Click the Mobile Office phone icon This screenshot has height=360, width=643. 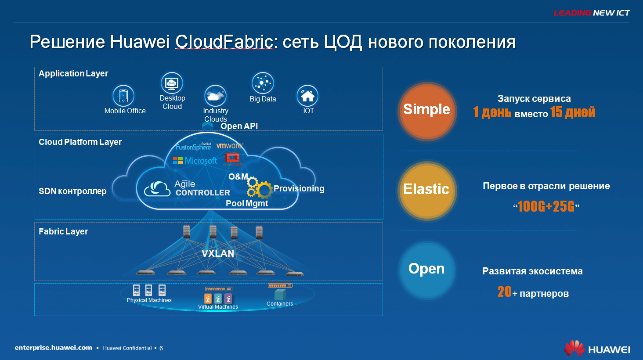[x=123, y=96]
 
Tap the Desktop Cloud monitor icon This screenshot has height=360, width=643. [x=172, y=83]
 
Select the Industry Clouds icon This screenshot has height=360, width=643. [x=215, y=96]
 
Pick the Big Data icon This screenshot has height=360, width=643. [x=263, y=83]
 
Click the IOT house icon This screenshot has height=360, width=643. [x=307, y=96]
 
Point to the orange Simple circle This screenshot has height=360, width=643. [x=427, y=112]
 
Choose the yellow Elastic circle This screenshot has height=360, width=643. [x=427, y=191]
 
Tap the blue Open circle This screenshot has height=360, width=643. [x=427, y=270]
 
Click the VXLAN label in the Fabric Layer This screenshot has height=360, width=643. [x=218, y=253]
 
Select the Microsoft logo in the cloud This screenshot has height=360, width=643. [x=195, y=161]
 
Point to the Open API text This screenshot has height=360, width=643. [x=239, y=126]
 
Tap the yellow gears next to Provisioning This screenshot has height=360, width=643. [x=259, y=188]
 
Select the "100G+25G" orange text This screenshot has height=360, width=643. [x=546, y=206]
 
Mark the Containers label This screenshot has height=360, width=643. [x=279, y=304]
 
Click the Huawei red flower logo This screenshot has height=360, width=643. [x=574, y=348]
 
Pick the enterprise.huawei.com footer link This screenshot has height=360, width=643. [x=54, y=348]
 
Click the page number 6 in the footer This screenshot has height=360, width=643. [x=161, y=348]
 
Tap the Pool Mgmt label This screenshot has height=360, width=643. [x=247, y=204]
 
